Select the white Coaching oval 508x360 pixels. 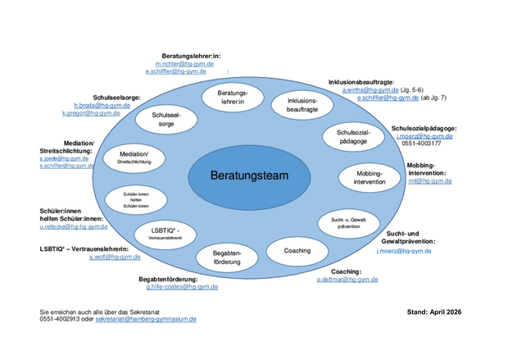click(x=297, y=250)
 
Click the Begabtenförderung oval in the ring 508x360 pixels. click(x=226, y=257)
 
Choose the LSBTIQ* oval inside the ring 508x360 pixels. click(x=166, y=232)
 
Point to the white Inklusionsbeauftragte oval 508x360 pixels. click(x=296, y=104)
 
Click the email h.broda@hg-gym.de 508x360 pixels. click(x=97, y=106)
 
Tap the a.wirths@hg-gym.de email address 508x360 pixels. click(x=371, y=90)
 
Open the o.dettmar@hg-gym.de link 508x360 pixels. click(x=347, y=280)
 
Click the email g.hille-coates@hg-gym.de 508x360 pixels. click(x=182, y=287)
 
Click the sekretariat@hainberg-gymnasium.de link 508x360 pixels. click(x=146, y=318)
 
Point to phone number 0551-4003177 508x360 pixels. click(x=421, y=144)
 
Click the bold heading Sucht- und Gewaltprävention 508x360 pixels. click(x=410, y=238)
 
